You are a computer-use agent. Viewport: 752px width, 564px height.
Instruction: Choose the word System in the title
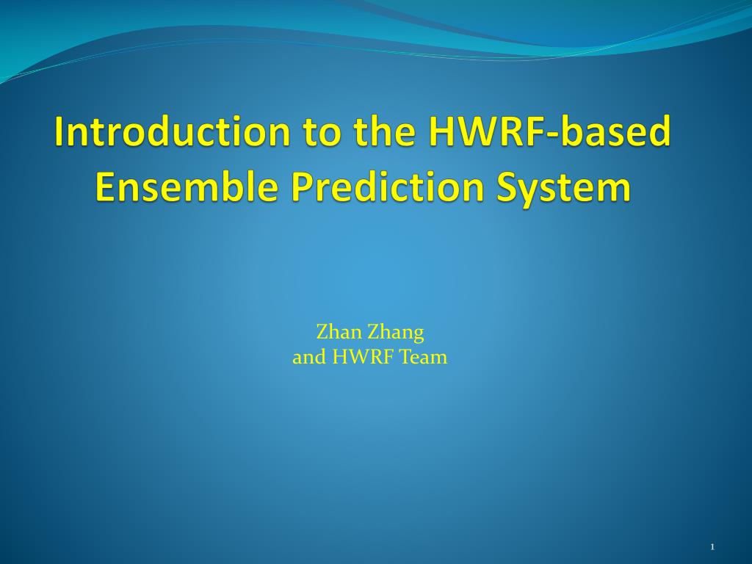click(563, 188)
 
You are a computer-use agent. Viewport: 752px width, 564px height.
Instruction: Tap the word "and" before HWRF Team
click(309, 357)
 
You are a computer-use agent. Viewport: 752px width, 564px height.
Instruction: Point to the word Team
click(424, 357)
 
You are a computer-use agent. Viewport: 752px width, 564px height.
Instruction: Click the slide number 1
click(712, 546)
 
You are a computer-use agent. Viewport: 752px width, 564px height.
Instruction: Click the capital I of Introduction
click(59, 131)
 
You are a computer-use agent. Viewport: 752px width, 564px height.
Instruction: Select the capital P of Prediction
click(302, 187)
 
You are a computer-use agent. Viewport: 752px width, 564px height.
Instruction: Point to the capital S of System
click(507, 187)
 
